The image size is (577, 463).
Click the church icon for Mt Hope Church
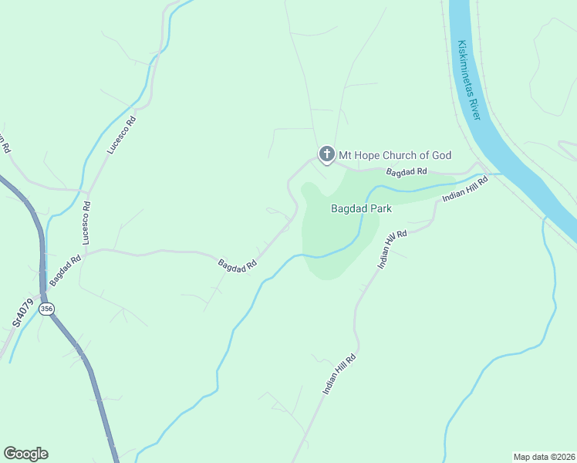(x=326, y=155)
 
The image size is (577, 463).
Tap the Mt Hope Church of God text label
(x=393, y=155)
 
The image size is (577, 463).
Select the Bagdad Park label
(x=362, y=208)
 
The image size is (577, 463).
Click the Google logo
(x=25, y=454)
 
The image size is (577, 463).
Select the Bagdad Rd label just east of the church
(x=407, y=171)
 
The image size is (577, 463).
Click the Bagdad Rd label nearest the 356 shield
(x=66, y=269)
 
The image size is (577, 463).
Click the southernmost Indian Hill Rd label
(x=339, y=375)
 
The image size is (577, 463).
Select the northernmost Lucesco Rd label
(x=122, y=134)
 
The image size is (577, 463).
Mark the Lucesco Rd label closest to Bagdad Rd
(x=86, y=222)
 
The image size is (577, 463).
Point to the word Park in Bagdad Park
(x=379, y=208)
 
